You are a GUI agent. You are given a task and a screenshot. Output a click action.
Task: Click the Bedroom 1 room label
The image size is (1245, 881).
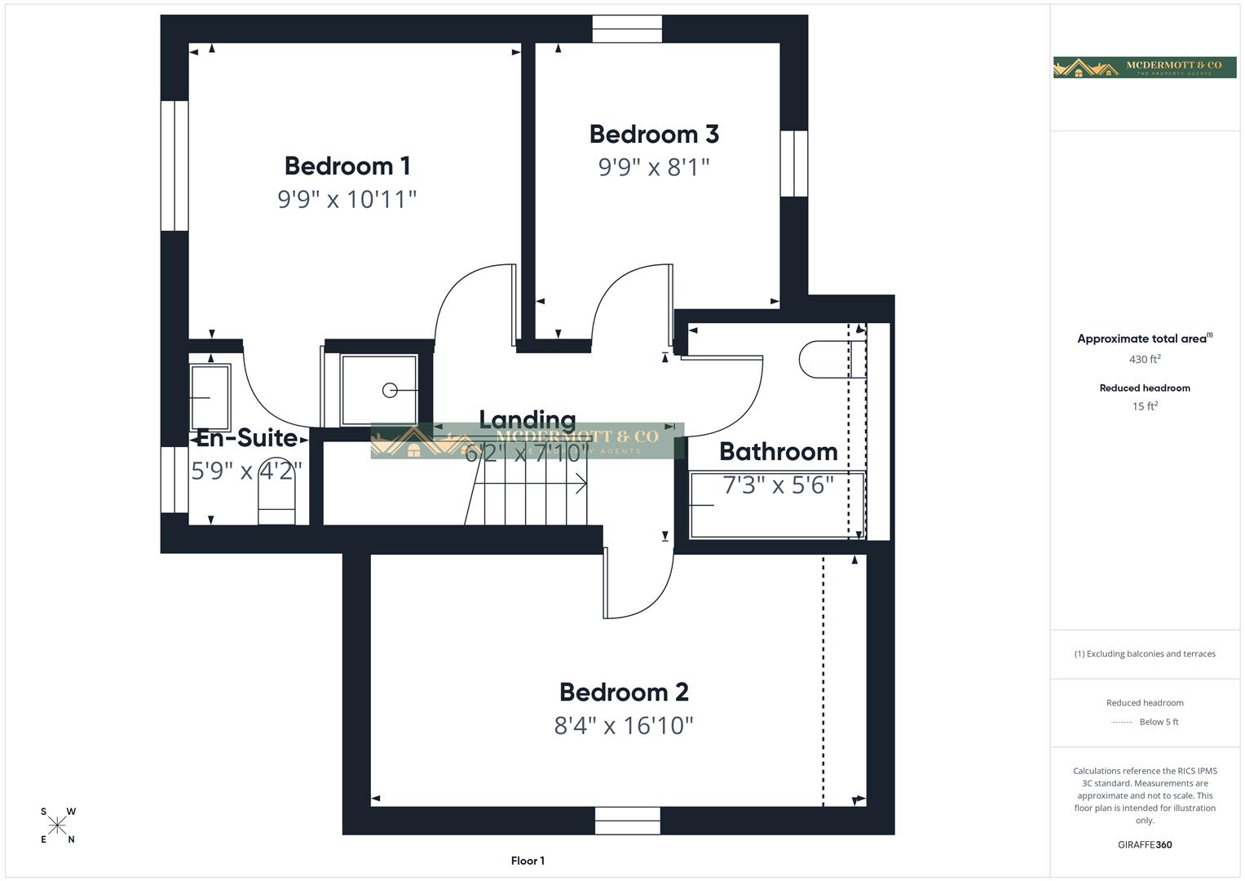(347, 166)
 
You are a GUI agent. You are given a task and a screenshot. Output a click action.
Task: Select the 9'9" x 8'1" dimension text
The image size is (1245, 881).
(654, 167)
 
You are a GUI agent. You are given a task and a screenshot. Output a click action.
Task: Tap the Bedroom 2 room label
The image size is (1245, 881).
(624, 692)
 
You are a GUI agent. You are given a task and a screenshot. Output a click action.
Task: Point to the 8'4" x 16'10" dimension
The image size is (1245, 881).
(624, 725)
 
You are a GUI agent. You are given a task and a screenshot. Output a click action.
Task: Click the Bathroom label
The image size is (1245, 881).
(778, 451)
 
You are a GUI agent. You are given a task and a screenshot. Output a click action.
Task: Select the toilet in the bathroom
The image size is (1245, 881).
(823, 359)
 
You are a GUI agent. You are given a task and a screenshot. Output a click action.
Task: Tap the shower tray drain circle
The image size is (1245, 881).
(390, 391)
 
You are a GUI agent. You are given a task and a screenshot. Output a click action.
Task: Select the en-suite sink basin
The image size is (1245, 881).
(210, 396)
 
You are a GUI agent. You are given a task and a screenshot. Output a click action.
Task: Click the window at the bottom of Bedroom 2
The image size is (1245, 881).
(627, 821)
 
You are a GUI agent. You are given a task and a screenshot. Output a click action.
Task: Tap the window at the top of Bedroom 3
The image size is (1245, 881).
(627, 29)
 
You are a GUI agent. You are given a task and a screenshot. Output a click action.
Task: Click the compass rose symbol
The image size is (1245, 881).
(57, 826)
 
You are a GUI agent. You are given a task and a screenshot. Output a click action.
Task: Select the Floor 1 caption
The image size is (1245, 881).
(528, 861)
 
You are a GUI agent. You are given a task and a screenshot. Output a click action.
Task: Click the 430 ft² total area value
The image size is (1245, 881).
(1145, 359)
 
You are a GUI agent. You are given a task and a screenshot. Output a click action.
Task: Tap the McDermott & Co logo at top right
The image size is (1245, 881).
(1144, 68)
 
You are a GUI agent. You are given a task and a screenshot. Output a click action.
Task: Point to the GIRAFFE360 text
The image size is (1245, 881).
(1145, 844)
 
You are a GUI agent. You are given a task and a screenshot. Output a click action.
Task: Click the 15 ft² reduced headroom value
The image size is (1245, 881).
(1145, 406)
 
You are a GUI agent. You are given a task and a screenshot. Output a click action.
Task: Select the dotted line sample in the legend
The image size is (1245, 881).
(1122, 722)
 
